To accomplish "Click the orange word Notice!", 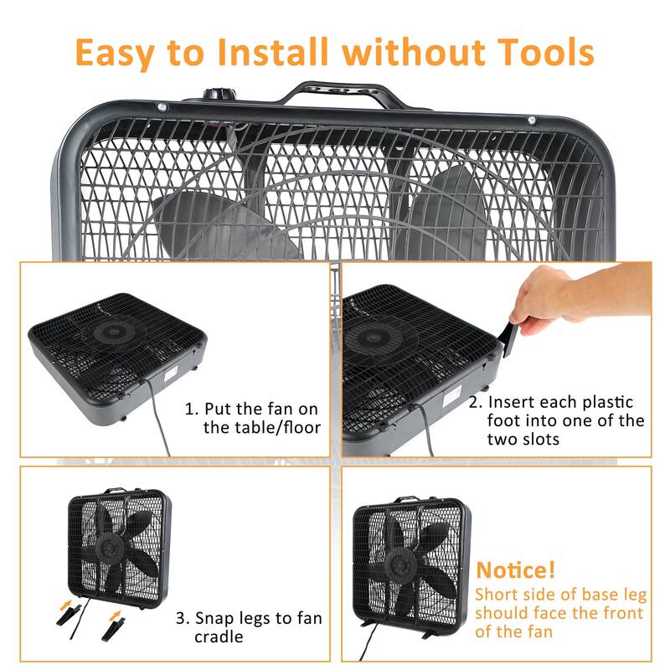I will [x=516, y=571].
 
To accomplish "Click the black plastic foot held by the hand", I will [x=508, y=340].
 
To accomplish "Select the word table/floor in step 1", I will [x=261, y=429].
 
